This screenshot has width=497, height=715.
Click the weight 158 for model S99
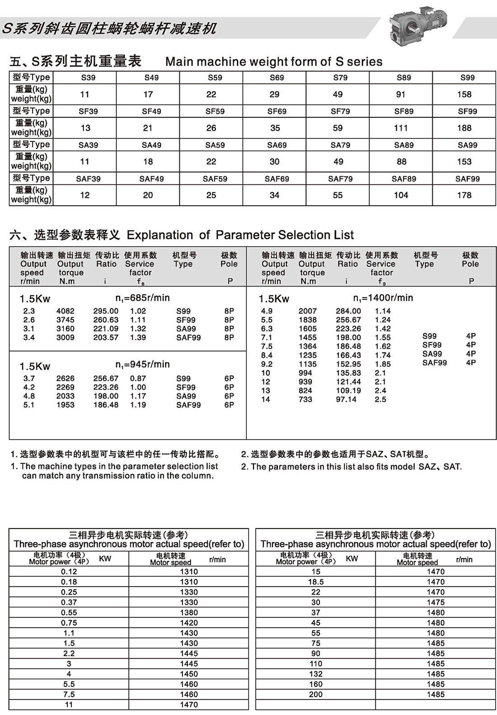point(464,94)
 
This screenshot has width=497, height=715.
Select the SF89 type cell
point(403,111)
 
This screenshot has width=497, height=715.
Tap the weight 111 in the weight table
point(400,128)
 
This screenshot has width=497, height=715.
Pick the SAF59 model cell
point(215,179)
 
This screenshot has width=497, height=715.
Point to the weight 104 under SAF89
point(401,195)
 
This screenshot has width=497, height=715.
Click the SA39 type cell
point(88,145)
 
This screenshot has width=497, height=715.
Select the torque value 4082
point(66,311)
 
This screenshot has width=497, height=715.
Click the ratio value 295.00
point(106,311)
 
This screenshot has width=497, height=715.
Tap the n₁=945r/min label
point(142,365)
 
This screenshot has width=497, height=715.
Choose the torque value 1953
point(66,405)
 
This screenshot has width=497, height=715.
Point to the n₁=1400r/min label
point(383,298)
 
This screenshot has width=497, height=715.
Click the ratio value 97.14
point(346,399)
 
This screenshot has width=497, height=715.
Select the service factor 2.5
point(380,399)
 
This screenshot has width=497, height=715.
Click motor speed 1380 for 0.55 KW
point(189,612)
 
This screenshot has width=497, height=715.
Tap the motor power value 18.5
point(316,582)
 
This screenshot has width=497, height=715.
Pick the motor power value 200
point(316,694)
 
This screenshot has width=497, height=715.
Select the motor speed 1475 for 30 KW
point(436,602)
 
